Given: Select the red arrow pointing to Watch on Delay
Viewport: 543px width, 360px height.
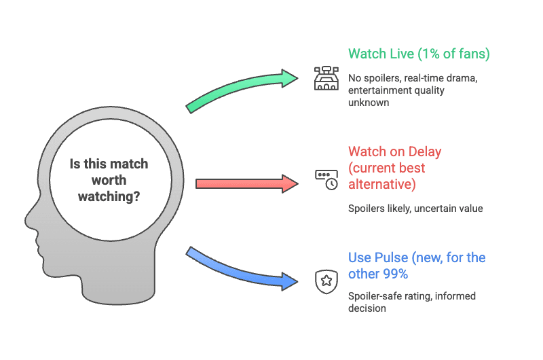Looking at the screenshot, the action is coord(247,183).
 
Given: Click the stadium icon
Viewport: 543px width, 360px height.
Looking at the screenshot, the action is coord(326,78).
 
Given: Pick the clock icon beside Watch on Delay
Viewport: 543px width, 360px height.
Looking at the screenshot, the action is coord(326,179).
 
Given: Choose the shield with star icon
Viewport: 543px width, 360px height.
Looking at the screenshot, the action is coord(326,281).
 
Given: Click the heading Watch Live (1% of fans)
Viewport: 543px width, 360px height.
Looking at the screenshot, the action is coord(419,54).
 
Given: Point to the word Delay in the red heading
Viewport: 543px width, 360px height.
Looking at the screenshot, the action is coord(425,151).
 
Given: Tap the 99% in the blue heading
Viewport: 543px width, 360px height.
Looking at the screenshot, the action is coord(395,274).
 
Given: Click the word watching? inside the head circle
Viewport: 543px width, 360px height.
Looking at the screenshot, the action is coord(109,196).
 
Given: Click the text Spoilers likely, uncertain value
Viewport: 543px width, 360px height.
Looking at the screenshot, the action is coord(415,209).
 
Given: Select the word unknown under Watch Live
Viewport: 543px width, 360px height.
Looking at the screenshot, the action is coord(369,103).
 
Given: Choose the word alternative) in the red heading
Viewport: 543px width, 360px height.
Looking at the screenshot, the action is coord(382,184).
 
